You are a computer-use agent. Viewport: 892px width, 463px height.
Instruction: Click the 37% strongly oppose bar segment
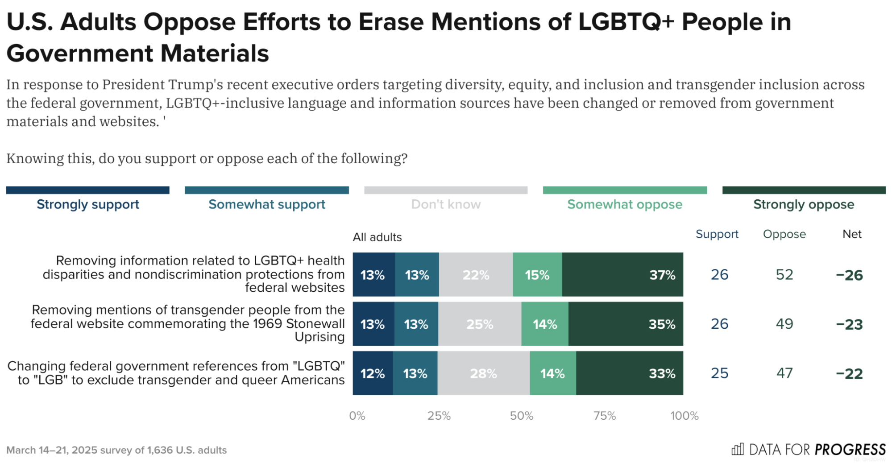click(x=622, y=274)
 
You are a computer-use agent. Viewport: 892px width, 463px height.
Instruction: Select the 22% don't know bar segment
click(x=476, y=274)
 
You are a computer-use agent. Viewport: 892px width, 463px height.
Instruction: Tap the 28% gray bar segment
click(x=483, y=373)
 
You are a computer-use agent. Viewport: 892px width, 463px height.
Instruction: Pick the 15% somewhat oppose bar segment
click(x=537, y=274)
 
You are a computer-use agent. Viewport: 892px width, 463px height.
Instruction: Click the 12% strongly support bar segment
click(x=373, y=373)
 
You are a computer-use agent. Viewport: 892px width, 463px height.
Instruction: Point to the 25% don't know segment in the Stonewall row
click(x=480, y=324)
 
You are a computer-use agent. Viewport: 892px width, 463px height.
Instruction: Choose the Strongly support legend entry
click(x=88, y=204)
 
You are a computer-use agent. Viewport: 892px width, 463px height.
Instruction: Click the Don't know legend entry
click(x=446, y=204)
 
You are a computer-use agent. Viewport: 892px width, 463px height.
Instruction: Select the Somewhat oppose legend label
click(x=625, y=204)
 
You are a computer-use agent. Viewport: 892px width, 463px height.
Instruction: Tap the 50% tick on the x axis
click(x=522, y=416)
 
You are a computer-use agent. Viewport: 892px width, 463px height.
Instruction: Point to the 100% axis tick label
click(x=684, y=416)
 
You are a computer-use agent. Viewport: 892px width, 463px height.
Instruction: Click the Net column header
click(x=852, y=234)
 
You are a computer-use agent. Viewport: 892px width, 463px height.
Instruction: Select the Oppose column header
click(x=784, y=234)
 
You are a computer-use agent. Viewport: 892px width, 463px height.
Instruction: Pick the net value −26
click(x=850, y=275)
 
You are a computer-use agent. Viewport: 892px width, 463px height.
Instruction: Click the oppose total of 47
click(x=784, y=373)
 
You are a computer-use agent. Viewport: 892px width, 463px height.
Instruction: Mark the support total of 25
click(x=719, y=373)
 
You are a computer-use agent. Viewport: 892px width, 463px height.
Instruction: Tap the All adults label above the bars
click(x=377, y=237)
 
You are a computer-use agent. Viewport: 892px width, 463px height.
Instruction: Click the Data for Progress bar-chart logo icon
click(x=738, y=449)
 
